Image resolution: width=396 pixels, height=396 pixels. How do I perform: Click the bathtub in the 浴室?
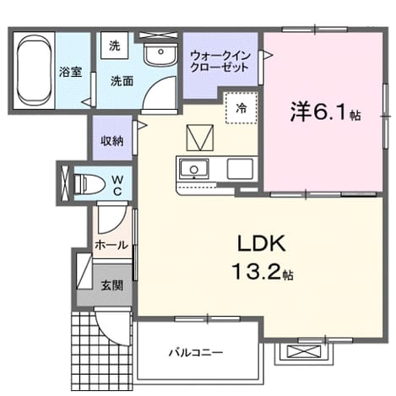34,69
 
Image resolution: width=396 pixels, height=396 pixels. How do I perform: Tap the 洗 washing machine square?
115,46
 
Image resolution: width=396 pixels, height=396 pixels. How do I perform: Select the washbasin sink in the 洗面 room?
160,55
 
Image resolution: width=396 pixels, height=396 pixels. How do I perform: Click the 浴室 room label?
70,72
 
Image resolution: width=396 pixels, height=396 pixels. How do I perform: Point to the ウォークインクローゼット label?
220,61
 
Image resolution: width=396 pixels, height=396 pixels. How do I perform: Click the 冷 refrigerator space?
241,107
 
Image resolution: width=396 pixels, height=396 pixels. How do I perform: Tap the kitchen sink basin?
194,169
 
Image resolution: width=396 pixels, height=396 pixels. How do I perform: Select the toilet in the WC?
89,184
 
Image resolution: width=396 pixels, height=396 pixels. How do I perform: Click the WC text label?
117,186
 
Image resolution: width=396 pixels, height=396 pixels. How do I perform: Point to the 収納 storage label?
112,141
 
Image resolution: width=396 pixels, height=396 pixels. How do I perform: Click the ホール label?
111,245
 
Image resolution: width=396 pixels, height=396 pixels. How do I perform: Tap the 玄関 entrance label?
112,285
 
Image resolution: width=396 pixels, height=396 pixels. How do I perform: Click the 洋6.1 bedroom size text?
325,111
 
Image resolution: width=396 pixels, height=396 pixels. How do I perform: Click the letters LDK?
262,244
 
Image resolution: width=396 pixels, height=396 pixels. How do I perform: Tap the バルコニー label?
196,352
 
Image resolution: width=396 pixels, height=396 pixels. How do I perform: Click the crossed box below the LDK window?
304,352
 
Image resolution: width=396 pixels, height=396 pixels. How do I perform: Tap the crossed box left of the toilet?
65,183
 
